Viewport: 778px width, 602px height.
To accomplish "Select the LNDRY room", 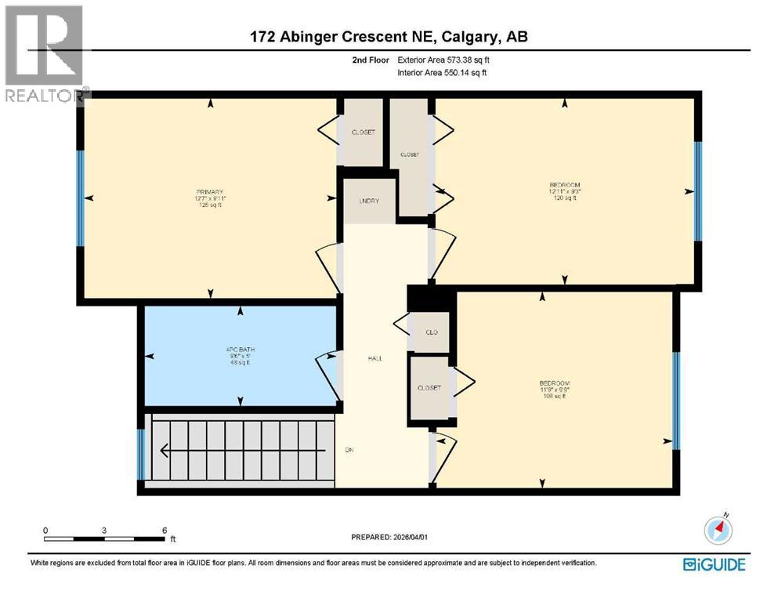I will click(368, 201).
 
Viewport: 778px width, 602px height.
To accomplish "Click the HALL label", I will click(375, 358).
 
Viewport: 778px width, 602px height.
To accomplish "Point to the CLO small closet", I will click(430, 332).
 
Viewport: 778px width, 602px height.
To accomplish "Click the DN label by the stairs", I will click(349, 450).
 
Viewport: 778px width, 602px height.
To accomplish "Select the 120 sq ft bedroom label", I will click(564, 191).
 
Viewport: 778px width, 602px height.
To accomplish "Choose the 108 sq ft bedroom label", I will click(554, 390).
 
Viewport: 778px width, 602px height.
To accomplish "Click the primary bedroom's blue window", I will click(80, 198).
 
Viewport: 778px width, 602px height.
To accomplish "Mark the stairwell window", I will click(141, 455).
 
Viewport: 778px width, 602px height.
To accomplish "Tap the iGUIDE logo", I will click(713, 564).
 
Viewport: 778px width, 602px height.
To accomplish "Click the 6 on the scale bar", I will click(165, 530).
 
